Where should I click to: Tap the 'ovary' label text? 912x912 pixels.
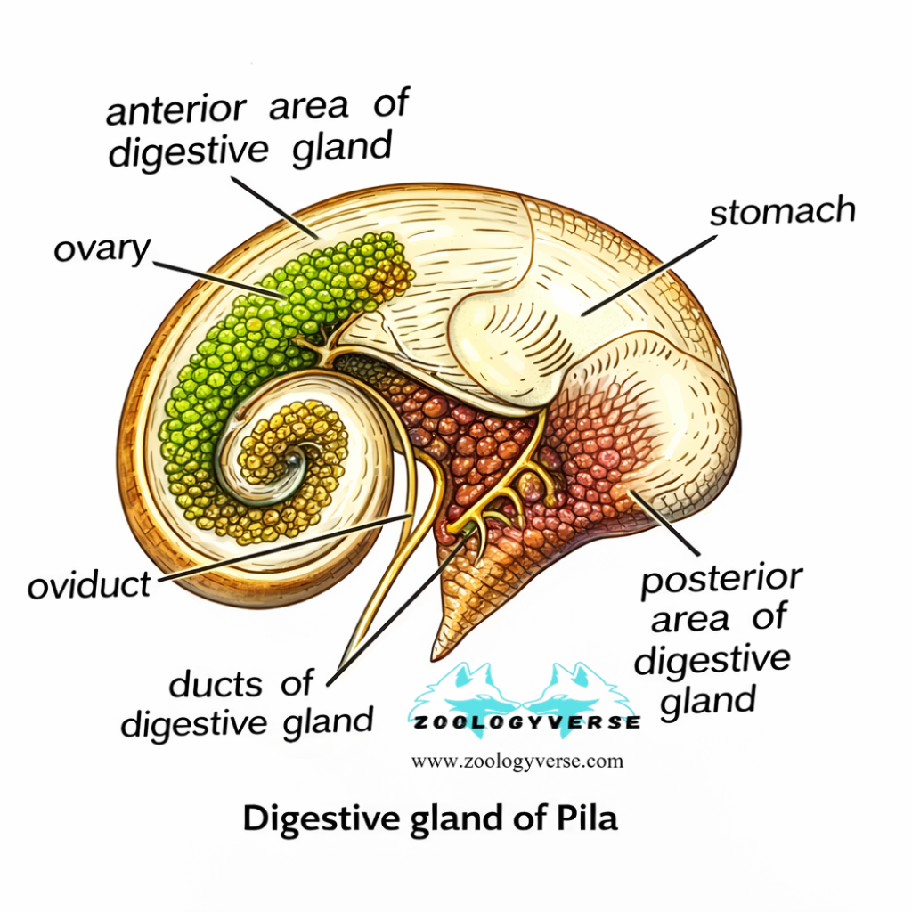click(101, 249)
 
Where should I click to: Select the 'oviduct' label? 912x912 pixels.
click(89, 585)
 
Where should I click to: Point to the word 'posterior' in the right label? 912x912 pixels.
click(721, 580)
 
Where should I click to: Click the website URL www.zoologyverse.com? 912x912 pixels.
click(517, 761)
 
